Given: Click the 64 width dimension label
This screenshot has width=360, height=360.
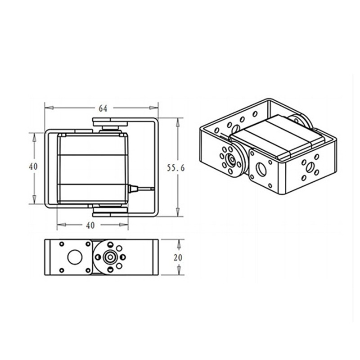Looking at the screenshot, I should coord(103,108).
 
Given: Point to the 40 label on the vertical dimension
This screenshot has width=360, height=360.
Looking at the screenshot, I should coord(33,166).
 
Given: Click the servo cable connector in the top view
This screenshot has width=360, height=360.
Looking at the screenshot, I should coord(133,189).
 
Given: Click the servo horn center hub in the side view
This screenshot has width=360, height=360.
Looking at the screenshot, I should coord(109,257).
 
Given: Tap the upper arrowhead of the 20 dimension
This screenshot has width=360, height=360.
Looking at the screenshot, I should coord(179,243).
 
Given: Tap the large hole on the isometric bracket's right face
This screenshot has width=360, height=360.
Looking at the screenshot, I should coord(310,167).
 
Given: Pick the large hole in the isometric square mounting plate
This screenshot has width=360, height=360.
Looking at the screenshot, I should coord(261,170).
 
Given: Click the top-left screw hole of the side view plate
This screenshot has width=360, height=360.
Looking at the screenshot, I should coord(62,244).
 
